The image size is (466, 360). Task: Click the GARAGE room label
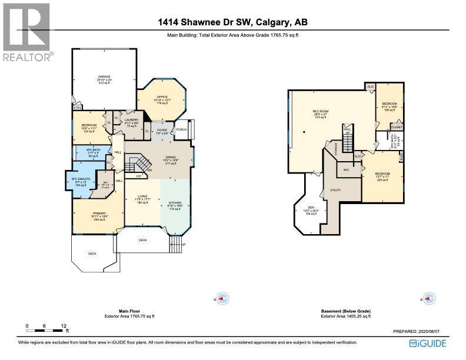104,76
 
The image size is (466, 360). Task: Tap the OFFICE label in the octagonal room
162,97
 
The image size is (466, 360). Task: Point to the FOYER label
162,130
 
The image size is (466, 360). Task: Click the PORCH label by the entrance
181,130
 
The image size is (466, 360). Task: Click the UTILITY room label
335,191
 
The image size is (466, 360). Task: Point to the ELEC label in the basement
402,156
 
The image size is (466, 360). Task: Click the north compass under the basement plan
430,298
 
